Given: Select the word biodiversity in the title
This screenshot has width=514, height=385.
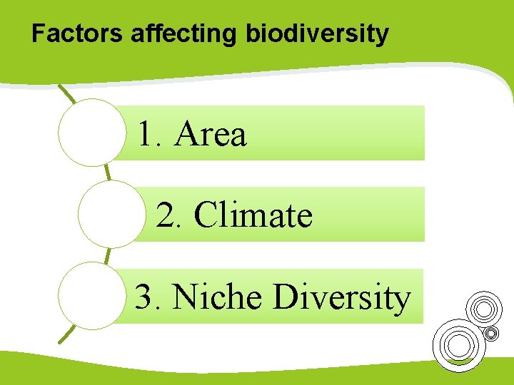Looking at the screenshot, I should click(x=317, y=34).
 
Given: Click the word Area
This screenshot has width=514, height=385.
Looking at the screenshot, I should click(x=211, y=133).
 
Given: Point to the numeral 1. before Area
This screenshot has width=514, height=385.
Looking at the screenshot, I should click(x=151, y=133).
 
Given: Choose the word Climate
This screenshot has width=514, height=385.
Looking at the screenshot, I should click(x=253, y=215).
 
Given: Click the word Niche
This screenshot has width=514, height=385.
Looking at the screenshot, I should click(x=217, y=297).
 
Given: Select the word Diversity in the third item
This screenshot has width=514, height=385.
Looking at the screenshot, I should click(x=342, y=297).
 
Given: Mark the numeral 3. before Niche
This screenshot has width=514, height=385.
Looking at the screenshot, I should click(x=148, y=297).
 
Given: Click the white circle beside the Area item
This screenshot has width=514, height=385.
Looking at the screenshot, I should click(x=91, y=133).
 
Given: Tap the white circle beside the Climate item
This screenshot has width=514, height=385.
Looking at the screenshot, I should click(x=111, y=214).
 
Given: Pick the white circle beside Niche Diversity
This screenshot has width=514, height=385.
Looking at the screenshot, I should click(x=91, y=295).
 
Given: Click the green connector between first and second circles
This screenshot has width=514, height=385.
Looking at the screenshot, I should click(x=107, y=173).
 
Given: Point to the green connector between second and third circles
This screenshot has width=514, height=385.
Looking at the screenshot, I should click(x=107, y=255).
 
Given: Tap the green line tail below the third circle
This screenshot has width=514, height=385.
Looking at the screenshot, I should click(x=67, y=334).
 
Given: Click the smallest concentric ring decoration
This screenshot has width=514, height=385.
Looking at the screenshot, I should click(x=491, y=333).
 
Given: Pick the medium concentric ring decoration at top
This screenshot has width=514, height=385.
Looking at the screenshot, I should click(x=483, y=309).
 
